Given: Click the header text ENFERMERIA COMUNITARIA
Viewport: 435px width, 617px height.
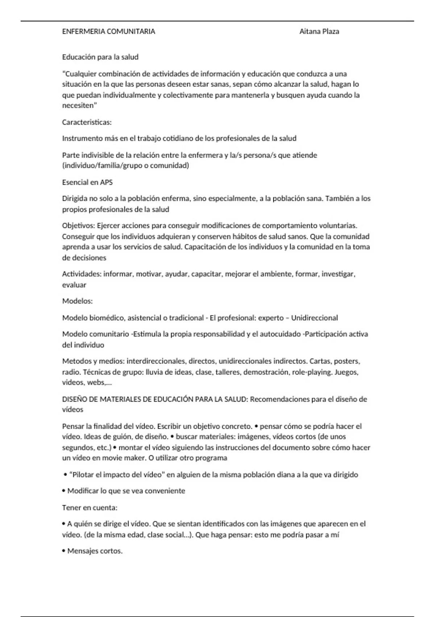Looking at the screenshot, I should click(108, 32).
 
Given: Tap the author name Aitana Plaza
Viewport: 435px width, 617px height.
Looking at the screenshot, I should click(319, 32).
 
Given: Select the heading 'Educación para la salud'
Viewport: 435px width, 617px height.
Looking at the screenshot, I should click(100, 57).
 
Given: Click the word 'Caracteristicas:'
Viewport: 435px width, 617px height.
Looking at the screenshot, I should click(87, 122).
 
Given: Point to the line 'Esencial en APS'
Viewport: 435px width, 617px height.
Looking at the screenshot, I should click(87, 182).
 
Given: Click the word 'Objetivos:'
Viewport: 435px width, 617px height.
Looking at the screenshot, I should click(78, 226).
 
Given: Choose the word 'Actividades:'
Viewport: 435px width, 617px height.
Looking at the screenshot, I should click(82, 274).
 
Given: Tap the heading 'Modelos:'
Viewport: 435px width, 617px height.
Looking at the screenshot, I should click(77, 301).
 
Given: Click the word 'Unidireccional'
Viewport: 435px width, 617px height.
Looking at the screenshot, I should click(314, 318).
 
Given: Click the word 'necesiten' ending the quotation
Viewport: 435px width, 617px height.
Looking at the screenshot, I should click(78, 106).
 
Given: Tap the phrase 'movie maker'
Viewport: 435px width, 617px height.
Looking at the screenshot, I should click(127, 458).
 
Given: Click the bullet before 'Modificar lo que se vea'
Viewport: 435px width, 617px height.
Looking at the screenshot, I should click(64, 491).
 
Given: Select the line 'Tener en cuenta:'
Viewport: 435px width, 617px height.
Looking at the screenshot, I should click(90, 507).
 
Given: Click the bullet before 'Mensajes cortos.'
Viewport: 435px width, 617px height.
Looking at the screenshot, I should click(64, 551).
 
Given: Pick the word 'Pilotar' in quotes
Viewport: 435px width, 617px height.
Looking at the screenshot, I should click(83, 475).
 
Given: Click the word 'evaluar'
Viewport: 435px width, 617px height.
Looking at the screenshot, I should click(74, 285).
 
